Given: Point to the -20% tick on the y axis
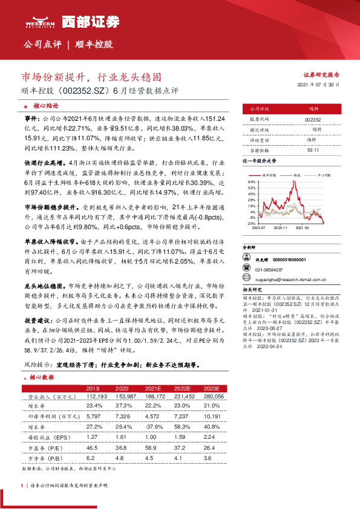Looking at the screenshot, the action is point(251,223).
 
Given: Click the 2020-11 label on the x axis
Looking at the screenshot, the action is point(280,228).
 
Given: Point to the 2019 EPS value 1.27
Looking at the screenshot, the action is point(93,435).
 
